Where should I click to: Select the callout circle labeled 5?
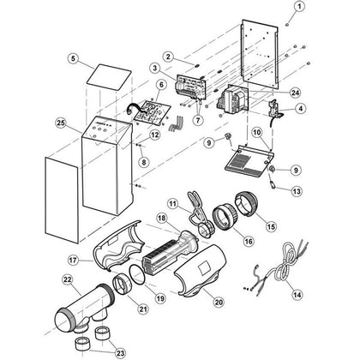click(x=74, y=59)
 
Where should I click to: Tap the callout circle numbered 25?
click(x=61, y=123)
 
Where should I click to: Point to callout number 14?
click(x=297, y=295)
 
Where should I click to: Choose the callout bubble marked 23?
click(x=121, y=353)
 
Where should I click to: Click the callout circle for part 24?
click(x=295, y=92)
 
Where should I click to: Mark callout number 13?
click(x=297, y=190)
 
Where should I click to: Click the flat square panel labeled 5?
click(x=109, y=78)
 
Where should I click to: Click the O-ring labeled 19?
click(x=137, y=275)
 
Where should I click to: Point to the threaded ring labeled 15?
click(x=247, y=203)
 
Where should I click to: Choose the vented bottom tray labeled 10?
click(x=249, y=162)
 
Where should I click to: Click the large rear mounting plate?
click(x=260, y=54)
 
